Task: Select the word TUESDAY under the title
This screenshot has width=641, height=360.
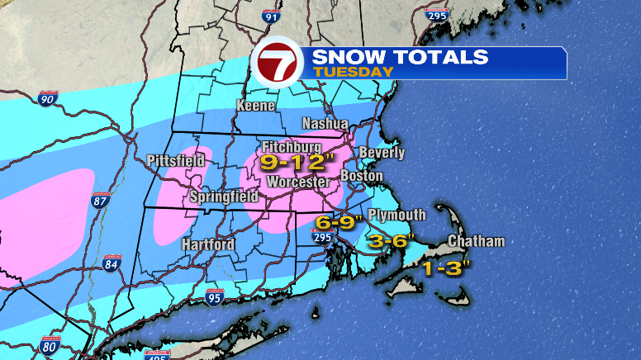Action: [x=353, y=72]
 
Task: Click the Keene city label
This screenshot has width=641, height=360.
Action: [x=256, y=106]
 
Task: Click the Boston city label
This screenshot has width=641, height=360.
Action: [x=362, y=176]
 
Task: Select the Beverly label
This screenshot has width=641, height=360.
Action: [x=382, y=153]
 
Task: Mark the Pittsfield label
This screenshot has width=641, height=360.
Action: [x=174, y=159]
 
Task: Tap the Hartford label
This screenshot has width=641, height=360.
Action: [x=208, y=244]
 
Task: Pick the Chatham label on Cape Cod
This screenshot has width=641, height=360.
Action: [x=475, y=241]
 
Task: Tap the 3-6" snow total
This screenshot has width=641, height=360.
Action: [x=392, y=242]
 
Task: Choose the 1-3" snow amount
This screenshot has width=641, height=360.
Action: [x=447, y=268]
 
